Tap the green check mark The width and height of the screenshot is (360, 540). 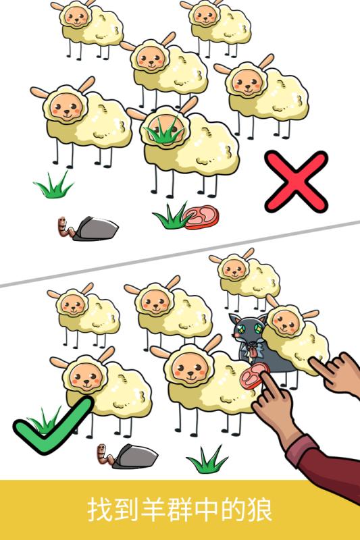pyautogui.click(x=51, y=425)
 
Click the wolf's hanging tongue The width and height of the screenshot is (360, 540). pyautogui.click(x=251, y=348)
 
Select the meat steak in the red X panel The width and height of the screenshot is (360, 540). pyautogui.click(x=202, y=217)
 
